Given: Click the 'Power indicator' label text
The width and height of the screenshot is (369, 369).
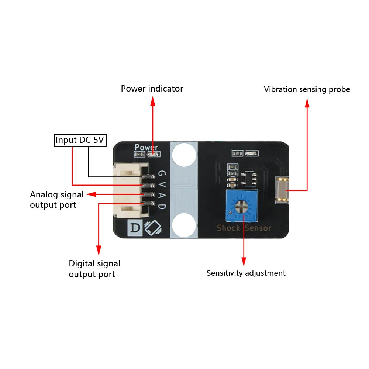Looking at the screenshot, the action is click(x=152, y=89).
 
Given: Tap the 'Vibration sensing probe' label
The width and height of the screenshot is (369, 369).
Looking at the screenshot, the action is click(x=307, y=89).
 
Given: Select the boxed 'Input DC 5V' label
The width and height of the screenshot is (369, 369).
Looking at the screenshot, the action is click(x=80, y=140).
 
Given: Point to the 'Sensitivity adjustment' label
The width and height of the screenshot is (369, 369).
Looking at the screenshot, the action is click(x=246, y=273).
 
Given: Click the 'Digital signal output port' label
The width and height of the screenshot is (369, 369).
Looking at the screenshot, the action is click(x=94, y=269).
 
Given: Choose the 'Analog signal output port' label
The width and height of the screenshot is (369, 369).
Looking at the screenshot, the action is click(x=57, y=200).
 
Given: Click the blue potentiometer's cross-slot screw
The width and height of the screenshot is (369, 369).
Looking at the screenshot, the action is click(x=242, y=206).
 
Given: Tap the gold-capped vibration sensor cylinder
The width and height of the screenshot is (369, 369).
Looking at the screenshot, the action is click(x=282, y=190).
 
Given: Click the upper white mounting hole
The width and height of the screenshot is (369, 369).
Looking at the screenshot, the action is click(x=184, y=154).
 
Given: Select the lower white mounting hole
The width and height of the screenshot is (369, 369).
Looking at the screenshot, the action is click(x=184, y=225).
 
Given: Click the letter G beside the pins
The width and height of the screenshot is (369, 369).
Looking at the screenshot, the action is click(x=162, y=173).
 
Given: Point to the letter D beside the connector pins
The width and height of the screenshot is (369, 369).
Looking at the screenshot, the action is click(x=162, y=206).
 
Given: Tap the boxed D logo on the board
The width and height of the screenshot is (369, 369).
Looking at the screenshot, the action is click(x=135, y=228).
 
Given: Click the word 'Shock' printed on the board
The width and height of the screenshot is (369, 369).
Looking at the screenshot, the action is click(x=228, y=228).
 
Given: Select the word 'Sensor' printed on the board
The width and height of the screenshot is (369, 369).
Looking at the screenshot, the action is click(x=258, y=228).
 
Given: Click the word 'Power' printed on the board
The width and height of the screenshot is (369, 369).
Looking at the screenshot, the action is click(x=146, y=147).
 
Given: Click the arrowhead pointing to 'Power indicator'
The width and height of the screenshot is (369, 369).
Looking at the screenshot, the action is click(x=153, y=101).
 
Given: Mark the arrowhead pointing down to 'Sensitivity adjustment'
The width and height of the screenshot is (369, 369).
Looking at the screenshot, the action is click(x=244, y=262).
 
